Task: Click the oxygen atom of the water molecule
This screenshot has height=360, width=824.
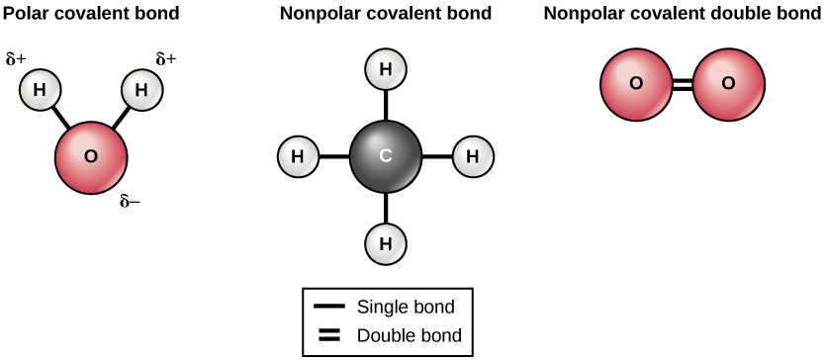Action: (x=91, y=156)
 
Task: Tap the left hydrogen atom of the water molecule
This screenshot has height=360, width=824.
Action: (x=40, y=90)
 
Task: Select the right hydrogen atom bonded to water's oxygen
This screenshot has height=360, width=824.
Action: (x=141, y=90)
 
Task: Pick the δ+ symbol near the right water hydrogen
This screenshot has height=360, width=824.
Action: (x=165, y=60)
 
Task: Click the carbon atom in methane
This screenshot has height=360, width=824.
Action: (x=386, y=155)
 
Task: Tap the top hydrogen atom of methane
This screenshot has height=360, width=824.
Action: (x=386, y=70)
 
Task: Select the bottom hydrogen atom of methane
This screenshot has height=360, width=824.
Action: (x=386, y=242)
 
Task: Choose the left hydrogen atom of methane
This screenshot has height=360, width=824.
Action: (x=299, y=156)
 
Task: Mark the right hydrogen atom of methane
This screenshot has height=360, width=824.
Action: (x=473, y=156)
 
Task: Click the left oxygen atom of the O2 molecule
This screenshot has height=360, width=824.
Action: (x=636, y=84)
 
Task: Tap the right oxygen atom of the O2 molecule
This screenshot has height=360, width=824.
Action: (x=729, y=84)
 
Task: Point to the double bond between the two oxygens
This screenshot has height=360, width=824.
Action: (x=683, y=84)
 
